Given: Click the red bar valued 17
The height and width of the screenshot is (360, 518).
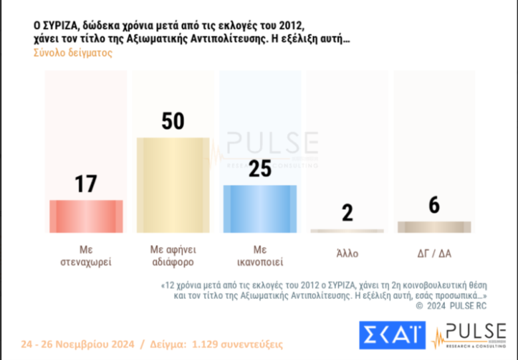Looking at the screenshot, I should [86, 216].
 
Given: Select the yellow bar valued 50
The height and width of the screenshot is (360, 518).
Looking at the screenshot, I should [173, 185].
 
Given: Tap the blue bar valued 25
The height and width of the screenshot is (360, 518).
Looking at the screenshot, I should [260, 209].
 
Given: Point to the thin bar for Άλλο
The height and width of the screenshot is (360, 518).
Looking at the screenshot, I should [347, 230].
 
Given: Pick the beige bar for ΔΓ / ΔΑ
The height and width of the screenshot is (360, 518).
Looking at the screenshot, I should [434, 226].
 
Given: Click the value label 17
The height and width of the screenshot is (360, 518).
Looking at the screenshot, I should [86, 184].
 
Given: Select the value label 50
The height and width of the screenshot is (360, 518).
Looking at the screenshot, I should [173, 122].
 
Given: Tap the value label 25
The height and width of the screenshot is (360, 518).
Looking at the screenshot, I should [260, 169].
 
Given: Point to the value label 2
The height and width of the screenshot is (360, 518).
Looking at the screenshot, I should [347, 213].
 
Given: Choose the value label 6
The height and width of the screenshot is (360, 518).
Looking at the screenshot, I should [434, 205].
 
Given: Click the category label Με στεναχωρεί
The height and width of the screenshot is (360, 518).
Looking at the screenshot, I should [86, 255].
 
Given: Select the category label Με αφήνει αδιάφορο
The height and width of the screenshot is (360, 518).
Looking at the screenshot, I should [173, 255].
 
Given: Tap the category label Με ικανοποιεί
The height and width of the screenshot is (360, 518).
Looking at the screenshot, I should [260, 255].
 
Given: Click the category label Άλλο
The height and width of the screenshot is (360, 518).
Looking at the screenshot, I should [347, 253].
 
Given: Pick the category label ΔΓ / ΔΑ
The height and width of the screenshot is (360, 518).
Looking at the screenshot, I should [434, 253].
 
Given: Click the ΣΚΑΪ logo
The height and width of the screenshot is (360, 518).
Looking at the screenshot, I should [392, 335].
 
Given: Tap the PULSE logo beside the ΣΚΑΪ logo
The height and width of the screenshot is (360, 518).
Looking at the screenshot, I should [468, 335].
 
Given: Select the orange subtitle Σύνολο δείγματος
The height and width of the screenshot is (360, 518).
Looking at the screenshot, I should [72, 53].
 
